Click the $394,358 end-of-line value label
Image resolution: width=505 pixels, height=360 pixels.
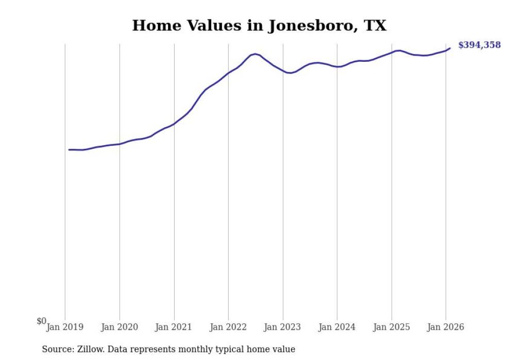[479, 45]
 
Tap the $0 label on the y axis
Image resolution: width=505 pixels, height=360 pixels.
[41, 321]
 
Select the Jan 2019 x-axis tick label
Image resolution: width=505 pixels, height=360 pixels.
[65, 328]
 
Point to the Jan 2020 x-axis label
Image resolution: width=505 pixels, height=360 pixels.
[120, 328]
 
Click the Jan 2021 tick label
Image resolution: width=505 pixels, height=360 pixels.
[174, 328]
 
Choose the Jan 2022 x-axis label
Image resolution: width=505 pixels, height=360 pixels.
[228, 328]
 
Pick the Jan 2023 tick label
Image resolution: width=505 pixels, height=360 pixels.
[283, 328]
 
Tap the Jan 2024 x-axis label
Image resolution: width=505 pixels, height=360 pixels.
[337, 328]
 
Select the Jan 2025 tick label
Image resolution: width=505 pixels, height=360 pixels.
[392, 328]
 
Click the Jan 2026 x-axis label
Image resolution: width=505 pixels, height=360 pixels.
[446, 328]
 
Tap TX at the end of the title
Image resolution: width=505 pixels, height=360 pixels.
[375, 25]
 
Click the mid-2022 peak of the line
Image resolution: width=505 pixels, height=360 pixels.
[255, 54]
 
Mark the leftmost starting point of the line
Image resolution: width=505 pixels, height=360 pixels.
[69, 150]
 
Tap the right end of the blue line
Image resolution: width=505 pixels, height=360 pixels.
[450, 48]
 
